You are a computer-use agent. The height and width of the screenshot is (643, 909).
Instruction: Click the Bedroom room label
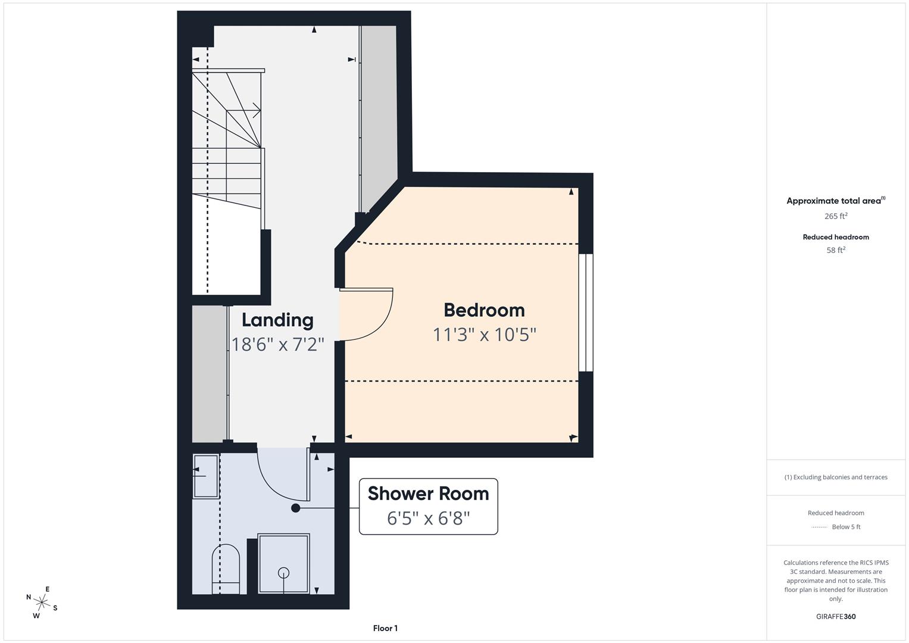click(x=484, y=311)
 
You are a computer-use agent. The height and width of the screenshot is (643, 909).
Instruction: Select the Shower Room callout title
click(x=429, y=494)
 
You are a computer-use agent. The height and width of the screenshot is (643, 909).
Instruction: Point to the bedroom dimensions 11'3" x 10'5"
click(x=485, y=335)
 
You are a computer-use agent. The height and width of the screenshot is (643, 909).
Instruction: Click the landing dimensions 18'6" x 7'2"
click(x=277, y=345)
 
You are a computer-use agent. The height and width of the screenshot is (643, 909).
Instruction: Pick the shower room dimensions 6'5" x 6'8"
click(x=429, y=519)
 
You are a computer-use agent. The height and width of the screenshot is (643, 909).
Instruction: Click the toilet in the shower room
click(x=226, y=569)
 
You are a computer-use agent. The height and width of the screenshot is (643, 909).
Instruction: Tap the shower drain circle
click(x=284, y=573)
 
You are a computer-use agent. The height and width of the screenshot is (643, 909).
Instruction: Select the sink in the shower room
click(x=206, y=476)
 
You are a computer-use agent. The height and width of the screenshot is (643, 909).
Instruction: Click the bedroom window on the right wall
click(x=586, y=313)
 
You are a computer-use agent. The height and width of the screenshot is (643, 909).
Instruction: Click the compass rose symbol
click(x=42, y=603)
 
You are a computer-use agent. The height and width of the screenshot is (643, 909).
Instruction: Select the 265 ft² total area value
click(x=836, y=216)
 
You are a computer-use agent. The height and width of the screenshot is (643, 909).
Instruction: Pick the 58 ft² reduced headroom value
click(x=836, y=250)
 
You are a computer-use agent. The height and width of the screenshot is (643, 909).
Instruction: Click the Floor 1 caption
click(x=385, y=628)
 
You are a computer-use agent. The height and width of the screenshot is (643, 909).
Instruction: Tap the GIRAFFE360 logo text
click(x=836, y=617)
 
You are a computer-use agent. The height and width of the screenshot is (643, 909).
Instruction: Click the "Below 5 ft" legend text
click(x=846, y=527)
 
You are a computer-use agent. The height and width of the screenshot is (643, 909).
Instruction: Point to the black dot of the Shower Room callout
click(x=296, y=508)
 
